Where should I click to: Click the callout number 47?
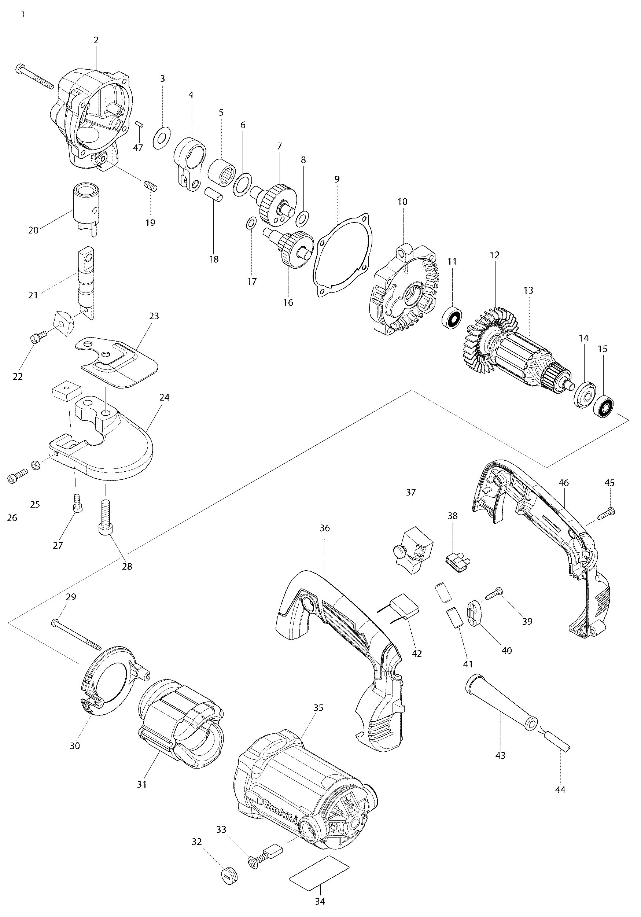click(138, 148)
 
